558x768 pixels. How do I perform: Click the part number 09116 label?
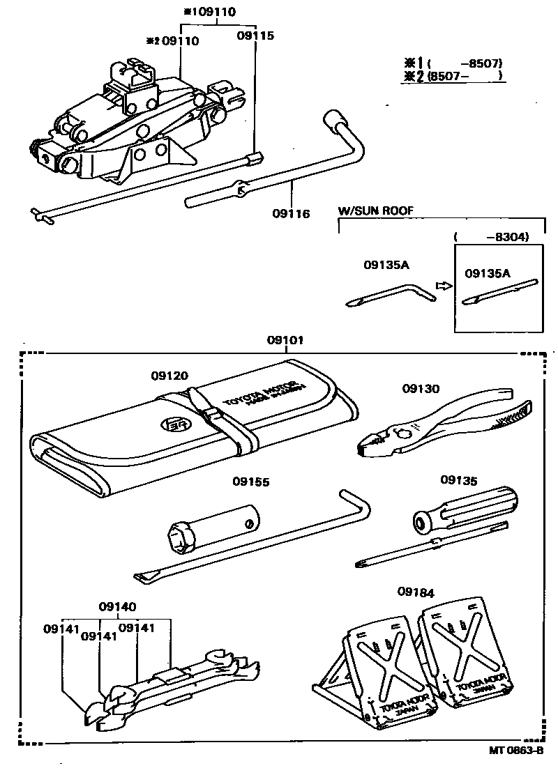point(291,213)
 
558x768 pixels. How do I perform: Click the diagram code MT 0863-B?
point(516,751)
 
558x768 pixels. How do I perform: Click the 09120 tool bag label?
point(169,375)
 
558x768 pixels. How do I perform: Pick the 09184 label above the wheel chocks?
point(416,592)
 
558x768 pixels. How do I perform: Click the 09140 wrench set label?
point(117,606)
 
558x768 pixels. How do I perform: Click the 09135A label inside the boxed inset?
point(488,273)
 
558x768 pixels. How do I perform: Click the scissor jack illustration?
point(133,125)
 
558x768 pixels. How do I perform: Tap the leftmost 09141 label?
point(62,628)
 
